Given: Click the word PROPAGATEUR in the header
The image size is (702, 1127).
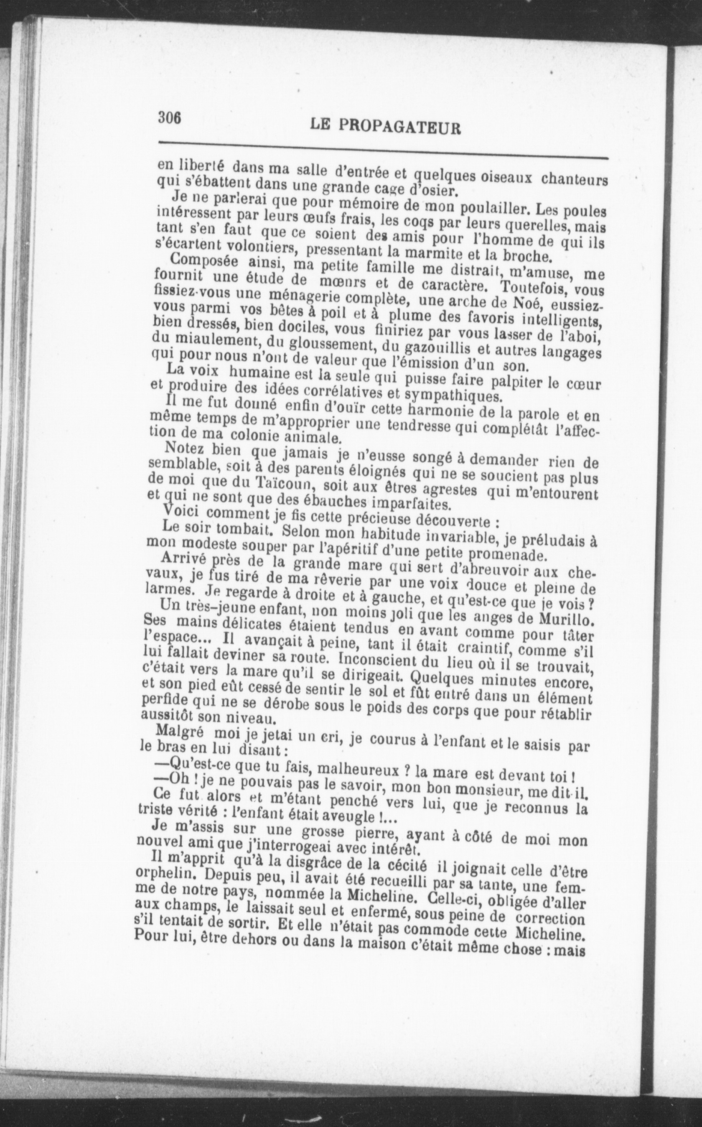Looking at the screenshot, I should (x=400, y=127).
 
